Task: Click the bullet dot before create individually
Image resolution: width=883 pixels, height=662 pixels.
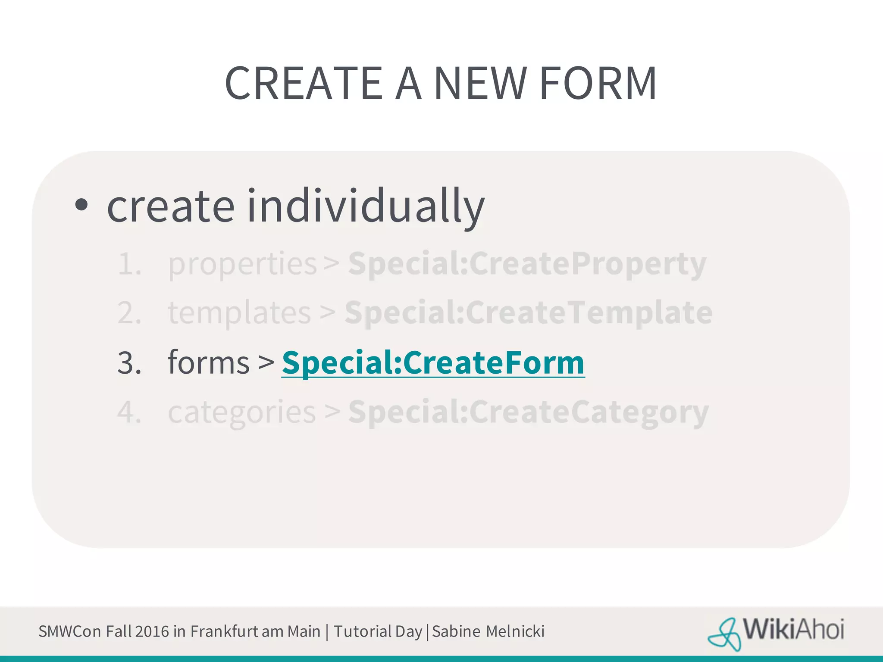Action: click(81, 205)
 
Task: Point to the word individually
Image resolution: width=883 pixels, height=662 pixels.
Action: click(366, 206)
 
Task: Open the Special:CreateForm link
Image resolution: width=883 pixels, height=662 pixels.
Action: click(433, 363)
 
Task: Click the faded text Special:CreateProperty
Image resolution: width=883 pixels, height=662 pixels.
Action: click(527, 263)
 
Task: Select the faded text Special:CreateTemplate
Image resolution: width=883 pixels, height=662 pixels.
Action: click(528, 312)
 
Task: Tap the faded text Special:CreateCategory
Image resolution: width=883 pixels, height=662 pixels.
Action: click(528, 412)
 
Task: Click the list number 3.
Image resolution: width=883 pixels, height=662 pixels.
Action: click(129, 363)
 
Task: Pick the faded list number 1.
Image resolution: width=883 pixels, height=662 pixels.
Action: click(129, 264)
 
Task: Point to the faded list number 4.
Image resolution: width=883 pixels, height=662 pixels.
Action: click(129, 412)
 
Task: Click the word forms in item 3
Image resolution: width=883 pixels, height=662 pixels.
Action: click(209, 363)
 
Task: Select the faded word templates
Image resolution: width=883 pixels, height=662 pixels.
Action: click(239, 313)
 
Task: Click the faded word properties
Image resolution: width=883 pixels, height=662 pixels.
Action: click(242, 264)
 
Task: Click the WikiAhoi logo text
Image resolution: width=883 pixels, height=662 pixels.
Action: click(793, 630)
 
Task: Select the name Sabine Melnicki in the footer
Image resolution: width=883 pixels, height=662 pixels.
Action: click(488, 631)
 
